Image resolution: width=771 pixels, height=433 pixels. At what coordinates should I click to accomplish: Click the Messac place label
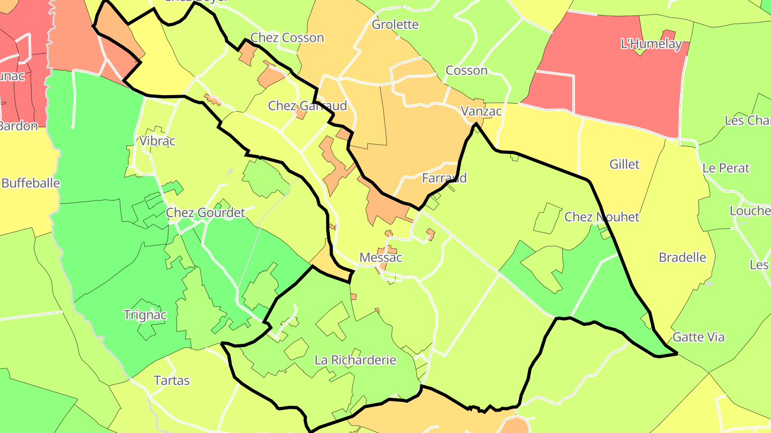coord(381,258)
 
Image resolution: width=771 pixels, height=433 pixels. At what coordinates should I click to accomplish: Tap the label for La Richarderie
coord(356,360)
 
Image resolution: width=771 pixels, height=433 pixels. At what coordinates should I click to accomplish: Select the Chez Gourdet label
coord(205,213)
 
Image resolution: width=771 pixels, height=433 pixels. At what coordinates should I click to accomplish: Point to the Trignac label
coord(145,315)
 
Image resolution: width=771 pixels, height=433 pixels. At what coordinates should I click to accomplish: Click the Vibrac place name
coord(157,141)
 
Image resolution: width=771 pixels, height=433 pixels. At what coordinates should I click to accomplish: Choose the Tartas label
coord(172,381)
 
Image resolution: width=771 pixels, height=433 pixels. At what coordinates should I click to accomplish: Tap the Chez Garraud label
coord(307,106)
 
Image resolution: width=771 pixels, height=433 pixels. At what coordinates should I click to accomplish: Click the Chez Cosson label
coord(287,38)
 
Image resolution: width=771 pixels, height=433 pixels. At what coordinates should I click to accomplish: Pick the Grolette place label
coord(395,25)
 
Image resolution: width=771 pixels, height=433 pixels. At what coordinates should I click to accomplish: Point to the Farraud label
coord(444,178)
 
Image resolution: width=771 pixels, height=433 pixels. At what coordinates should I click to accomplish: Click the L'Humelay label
coord(651,44)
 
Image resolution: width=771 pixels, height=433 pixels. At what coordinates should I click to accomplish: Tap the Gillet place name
coord(624,164)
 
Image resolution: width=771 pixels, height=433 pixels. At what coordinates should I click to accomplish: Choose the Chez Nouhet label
coord(602,217)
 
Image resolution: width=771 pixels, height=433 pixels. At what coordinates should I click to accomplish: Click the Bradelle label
coord(682,258)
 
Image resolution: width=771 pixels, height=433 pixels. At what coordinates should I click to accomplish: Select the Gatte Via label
coord(698,337)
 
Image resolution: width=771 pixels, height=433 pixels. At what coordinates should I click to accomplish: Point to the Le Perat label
coord(726,168)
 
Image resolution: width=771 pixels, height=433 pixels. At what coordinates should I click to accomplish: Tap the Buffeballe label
coord(31,183)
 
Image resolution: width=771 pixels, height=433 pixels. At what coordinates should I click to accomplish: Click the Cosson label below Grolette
coord(466,71)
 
